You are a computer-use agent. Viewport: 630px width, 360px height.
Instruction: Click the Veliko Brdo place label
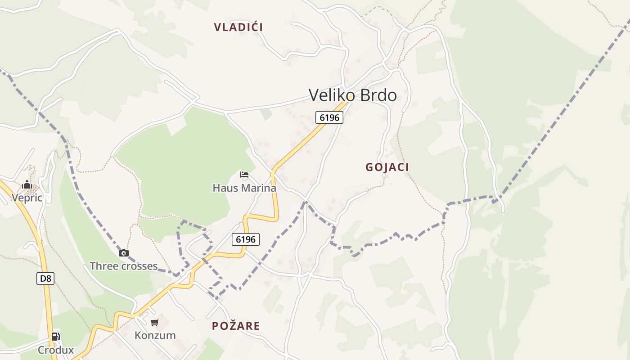click(353, 95)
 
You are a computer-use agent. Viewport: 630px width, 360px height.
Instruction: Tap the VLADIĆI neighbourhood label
click(238, 27)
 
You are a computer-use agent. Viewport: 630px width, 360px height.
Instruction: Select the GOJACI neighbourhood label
click(387, 167)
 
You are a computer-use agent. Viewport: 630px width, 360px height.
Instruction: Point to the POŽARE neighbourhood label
click(236, 326)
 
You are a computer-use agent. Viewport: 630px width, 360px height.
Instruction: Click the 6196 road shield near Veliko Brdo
click(329, 117)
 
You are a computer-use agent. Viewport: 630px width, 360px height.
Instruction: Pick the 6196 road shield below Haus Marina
click(246, 239)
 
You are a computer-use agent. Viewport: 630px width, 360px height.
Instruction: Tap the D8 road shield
click(45, 279)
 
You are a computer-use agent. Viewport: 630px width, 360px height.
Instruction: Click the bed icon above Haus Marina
click(244, 175)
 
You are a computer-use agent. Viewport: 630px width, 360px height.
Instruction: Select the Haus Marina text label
click(244, 188)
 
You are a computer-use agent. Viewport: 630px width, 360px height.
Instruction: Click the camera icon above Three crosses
click(124, 253)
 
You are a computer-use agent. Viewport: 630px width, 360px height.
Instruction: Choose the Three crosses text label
click(124, 266)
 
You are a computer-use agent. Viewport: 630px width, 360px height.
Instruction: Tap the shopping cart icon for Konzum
click(155, 322)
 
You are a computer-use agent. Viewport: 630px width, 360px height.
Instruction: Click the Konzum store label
click(155, 335)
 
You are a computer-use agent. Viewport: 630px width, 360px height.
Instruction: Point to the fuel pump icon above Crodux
click(55, 336)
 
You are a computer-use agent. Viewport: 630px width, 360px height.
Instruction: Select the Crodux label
click(55, 350)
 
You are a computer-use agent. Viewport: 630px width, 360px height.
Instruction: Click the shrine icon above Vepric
click(27, 184)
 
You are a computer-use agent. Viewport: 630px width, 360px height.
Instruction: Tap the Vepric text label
click(27, 198)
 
